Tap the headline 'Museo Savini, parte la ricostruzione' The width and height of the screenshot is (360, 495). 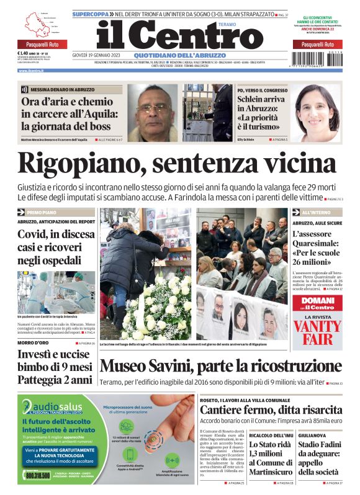tap(221, 366)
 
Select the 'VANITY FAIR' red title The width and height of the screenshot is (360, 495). tap(317, 331)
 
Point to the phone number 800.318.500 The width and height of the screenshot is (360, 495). tap(38, 475)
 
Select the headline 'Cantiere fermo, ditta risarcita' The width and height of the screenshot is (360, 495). tap(271, 410)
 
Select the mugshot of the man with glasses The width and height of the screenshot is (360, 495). tap(153, 111)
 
